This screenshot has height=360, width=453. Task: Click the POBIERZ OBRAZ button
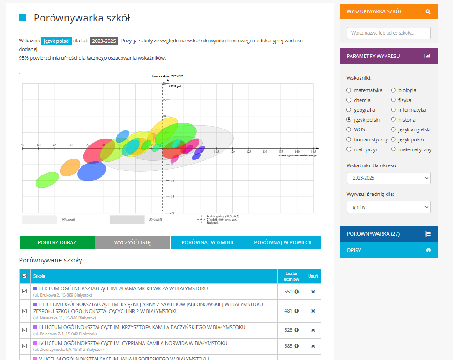[x=57, y=242]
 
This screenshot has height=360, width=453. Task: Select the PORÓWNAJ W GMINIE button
[x=208, y=242]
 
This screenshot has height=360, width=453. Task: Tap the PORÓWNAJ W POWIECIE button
[x=284, y=242]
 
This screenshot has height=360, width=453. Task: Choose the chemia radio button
[x=349, y=100]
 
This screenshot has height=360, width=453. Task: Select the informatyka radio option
[x=393, y=110]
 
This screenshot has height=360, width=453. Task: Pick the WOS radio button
[x=349, y=129]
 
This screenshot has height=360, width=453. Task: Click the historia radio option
[x=393, y=120]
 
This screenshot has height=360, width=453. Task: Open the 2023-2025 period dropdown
[x=388, y=178]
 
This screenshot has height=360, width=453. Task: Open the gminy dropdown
[x=388, y=207]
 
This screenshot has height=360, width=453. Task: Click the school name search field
[x=388, y=33]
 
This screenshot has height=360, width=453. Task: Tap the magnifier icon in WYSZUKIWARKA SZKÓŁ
[x=428, y=11]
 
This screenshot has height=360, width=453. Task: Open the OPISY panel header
[x=388, y=250]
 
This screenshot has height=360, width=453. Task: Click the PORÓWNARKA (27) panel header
[x=388, y=234]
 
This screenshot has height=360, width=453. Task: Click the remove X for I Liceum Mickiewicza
[x=313, y=292]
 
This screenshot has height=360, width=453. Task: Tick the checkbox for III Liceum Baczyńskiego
[x=25, y=330]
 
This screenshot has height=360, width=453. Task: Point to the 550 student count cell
[x=288, y=292]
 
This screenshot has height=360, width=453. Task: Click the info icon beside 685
[x=296, y=346]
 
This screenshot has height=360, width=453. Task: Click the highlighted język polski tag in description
[x=56, y=41]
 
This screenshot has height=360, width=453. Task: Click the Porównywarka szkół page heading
[x=82, y=18]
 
